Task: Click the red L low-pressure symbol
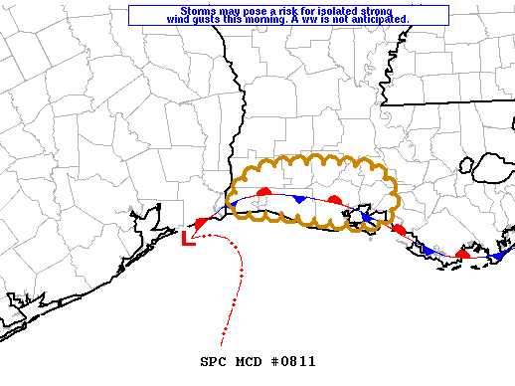(x=189, y=238)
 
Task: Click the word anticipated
(x=374, y=20)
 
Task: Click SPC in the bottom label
(x=213, y=361)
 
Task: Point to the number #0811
(x=292, y=361)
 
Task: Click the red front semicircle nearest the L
(x=200, y=224)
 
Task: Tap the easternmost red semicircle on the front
(x=462, y=254)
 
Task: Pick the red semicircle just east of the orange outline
(x=398, y=230)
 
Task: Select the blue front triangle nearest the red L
(x=231, y=205)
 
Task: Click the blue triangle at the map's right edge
(x=497, y=255)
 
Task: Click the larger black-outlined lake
(x=491, y=167)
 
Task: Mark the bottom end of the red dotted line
(x=221, y=342)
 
